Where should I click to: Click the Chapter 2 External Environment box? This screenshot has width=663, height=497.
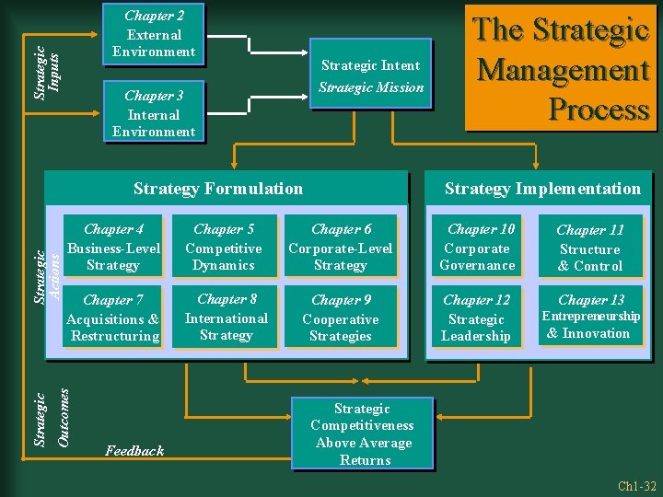(x=153, y=33)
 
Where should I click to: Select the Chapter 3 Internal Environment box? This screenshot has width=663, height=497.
(x=153, y=113)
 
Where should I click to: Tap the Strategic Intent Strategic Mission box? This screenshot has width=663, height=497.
(x=370, y=75)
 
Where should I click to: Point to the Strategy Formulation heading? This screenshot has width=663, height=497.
(x=218, y=189)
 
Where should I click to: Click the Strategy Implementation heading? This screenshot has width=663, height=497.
(x=542, y=189)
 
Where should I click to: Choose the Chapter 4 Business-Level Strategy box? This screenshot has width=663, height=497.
(x=114, y=248)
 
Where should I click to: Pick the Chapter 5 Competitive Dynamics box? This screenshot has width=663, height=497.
(x=224, y=248)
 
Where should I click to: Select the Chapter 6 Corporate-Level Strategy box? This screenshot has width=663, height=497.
(x=341, y=248)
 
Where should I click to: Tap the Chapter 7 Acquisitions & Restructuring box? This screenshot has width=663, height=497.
(x=114, y=318)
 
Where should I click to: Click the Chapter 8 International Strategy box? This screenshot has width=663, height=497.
(x=226, y=317)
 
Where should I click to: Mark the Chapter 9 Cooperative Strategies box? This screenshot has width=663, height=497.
(x=341, y=318)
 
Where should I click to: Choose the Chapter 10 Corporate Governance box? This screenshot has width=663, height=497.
(x=477, y=248)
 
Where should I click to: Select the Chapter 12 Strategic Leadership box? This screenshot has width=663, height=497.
(x=476, y=318)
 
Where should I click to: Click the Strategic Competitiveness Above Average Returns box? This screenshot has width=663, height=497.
(x=363, y=433)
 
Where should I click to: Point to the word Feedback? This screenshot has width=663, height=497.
(x=134, y=450)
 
